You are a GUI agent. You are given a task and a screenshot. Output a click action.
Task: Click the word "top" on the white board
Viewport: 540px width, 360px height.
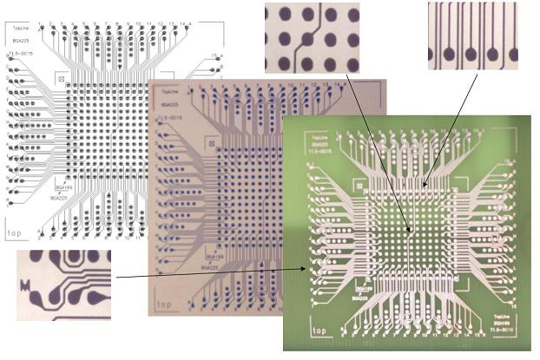point(14,233)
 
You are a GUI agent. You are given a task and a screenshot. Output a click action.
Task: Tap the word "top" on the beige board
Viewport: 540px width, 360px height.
point(163,304)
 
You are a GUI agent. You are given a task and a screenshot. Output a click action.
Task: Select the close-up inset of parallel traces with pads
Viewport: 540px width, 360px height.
point(473,36)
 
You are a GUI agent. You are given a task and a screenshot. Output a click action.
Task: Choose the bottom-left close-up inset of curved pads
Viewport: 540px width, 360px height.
point(64,284)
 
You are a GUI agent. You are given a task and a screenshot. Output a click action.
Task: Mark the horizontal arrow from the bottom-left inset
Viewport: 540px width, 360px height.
point(209,273)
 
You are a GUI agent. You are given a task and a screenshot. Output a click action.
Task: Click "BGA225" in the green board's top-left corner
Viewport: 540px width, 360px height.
point(320,144)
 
